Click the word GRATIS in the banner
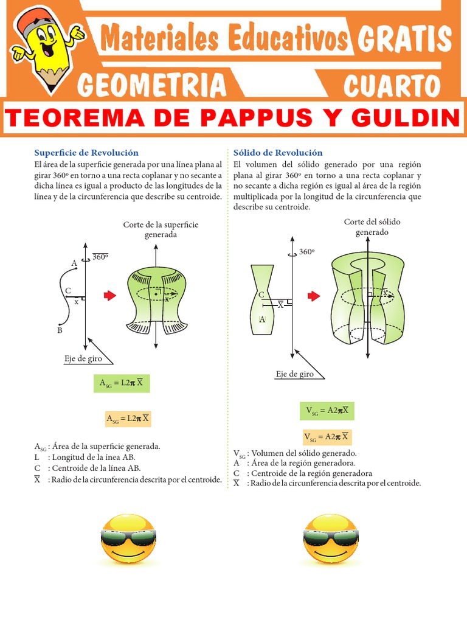[x=404, y=39]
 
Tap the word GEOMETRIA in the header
[x=152, y=85]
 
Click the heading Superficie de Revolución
[x=86, y=153]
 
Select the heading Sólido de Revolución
[x=278, y=153]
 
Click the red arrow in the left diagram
[x=110, y=296]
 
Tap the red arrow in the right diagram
[x=314, y=296]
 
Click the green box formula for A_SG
[x=122, y=383]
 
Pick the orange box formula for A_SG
[x=128, y=419]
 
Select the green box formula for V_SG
[x=327, y=411]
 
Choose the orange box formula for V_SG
[x=327, y=437]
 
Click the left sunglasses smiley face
[x=128, y=539]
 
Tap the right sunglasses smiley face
[x=331, y=539]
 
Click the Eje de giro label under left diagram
[x=83, y=359]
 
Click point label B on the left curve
[x=60, y=330]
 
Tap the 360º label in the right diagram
[x=307, y=251]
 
